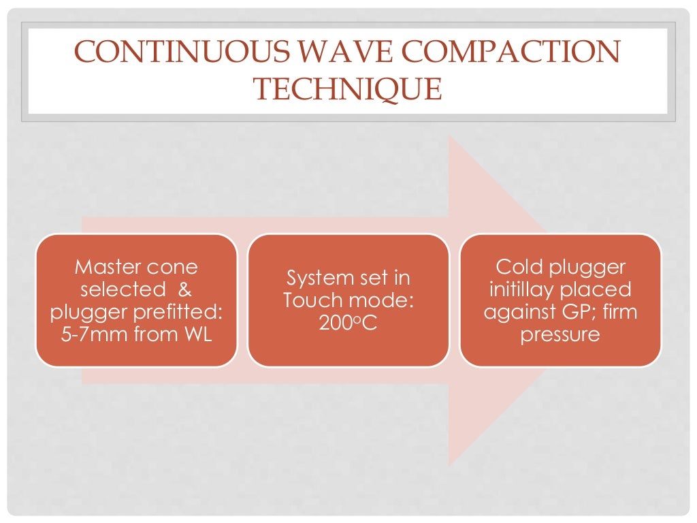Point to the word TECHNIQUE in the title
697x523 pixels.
click(x=348, y=89)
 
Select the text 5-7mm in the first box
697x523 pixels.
click(x=91, y=335)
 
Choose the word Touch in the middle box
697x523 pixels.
click(x=312, y=300)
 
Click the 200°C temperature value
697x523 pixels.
click(x=348, y=323)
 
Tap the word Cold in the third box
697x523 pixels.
click(x=519, y=266)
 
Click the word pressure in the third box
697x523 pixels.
click(x=560, y=335)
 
